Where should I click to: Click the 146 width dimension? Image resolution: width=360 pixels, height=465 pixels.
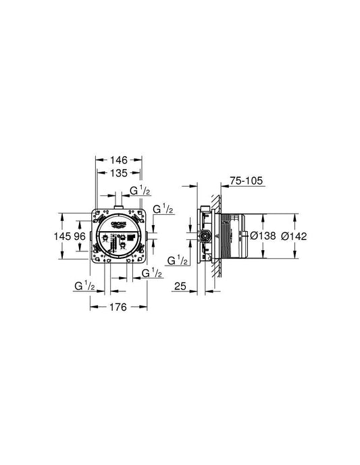(119, 161)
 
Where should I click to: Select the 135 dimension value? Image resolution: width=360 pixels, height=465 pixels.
(119, 173)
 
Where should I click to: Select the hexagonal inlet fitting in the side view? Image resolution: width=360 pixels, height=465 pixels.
(202, 237)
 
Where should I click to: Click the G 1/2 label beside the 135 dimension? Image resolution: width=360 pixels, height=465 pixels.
(140, 191)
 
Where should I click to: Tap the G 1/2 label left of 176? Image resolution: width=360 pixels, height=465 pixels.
(85, 287)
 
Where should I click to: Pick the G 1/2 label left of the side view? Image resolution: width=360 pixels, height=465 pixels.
(178, 260)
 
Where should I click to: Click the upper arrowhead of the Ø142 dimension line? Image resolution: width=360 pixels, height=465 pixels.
(296, 216)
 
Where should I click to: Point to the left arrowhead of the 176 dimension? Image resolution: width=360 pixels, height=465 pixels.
(93, 306)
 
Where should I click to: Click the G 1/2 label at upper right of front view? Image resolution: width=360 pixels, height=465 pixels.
(163, 210)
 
